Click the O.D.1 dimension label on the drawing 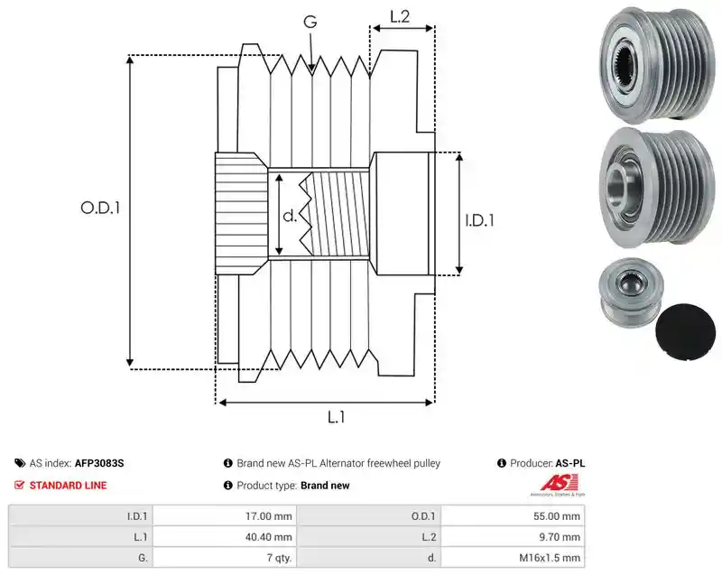[x=100, y=208]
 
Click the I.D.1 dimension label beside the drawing [x=479, y=220]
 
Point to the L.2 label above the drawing [x=400, y=16]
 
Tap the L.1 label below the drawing [x=336, y=417]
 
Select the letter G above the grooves [x=310, y=21]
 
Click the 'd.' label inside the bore [x=290, y=215]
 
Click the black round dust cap [x=686, y=332]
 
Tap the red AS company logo [x=558, y=484]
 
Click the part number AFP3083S [x=99, y=463]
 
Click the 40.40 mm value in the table [x=268, y=537]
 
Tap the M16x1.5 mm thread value [x=550, y=558]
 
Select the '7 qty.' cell [x=279, y=558]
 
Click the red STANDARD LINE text [x=69, y=486]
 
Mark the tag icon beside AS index [x=20, y=463]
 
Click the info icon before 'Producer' [x=502, y=463]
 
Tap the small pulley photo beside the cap [x=631, y=292]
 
